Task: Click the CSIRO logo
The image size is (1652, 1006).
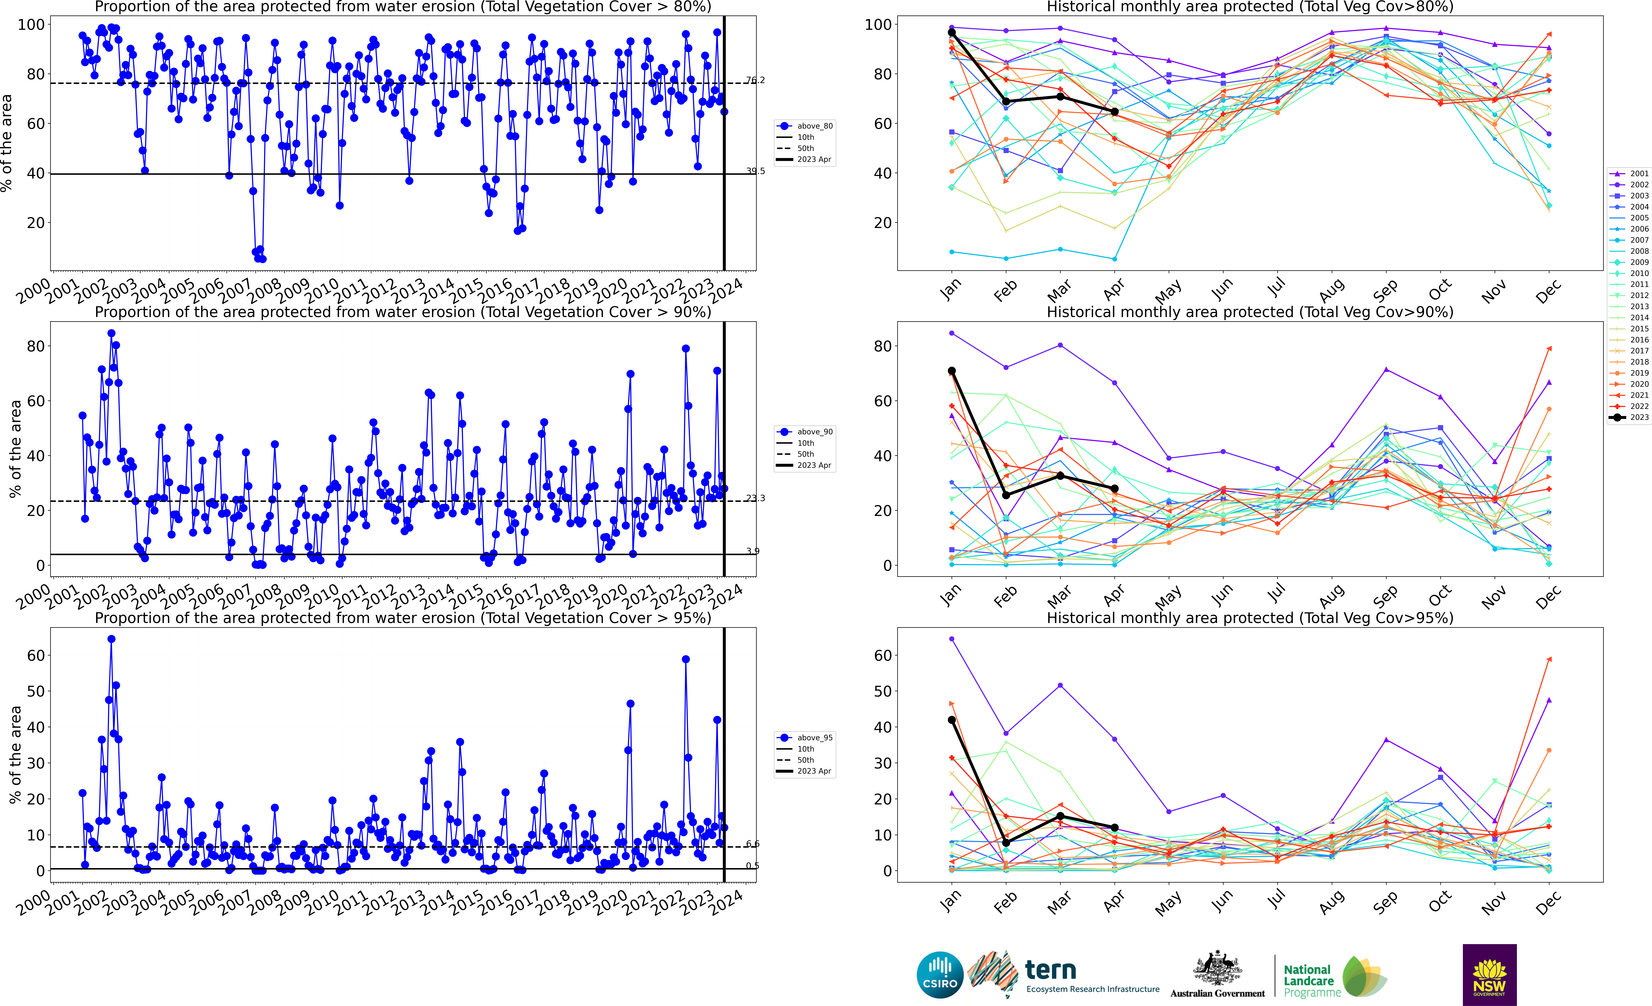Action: click(x=940, y=974)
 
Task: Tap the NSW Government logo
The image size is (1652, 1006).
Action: click(x=1489, y=974)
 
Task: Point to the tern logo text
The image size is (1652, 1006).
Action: click(x=1051, y=970)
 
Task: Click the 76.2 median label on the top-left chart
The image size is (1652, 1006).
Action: click(x=755, y=80)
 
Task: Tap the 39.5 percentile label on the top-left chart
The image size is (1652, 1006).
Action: click(x=755, y=171)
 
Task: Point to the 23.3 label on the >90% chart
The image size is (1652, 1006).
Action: click(x=755, y=498)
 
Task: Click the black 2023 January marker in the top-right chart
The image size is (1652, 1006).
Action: click(x=951, y=32)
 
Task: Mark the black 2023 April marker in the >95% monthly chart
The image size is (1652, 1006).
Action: click(x=1114, y=828)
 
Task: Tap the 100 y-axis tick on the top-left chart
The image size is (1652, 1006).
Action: click(x=31, y=25)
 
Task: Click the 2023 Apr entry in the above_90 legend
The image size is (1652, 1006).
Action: click(x=813, y=466)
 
